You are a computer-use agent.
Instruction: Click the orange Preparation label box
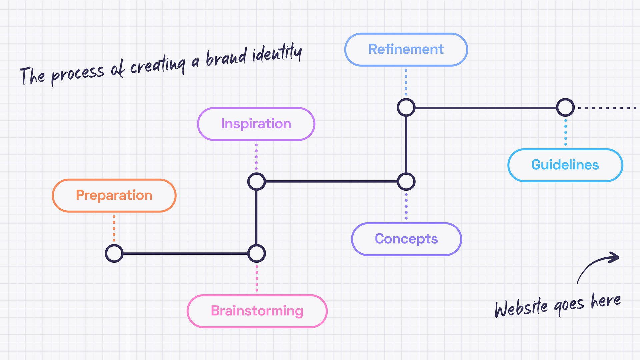[x=114, y=196]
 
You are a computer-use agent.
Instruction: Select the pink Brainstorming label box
[x=257, y=311]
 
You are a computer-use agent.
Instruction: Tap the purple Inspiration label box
[x=256, y=124]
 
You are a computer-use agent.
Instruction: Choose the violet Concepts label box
[x=406, y=239]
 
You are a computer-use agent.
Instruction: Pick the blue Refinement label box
[x=406, y=49]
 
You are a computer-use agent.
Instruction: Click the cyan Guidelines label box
[x=565, y=165]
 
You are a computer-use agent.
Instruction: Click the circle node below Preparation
[x=114, y=254]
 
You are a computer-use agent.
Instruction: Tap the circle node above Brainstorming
[x=256, y=254]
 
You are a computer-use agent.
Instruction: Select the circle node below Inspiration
[x=256, y=182]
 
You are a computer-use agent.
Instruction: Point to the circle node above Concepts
[x=406, y=182]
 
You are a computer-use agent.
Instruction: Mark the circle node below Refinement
[x=406, y=108]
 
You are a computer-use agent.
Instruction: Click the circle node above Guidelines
[x=565, y=108]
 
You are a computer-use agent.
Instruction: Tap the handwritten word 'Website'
[x=521, y=307]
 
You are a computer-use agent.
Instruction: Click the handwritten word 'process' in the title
[x=77, y=74]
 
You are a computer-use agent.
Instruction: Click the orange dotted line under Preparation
[x=114, y=228]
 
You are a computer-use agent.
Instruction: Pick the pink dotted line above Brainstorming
[x=256, y=279]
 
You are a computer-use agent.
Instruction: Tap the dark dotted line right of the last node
[x=607, y=108]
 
